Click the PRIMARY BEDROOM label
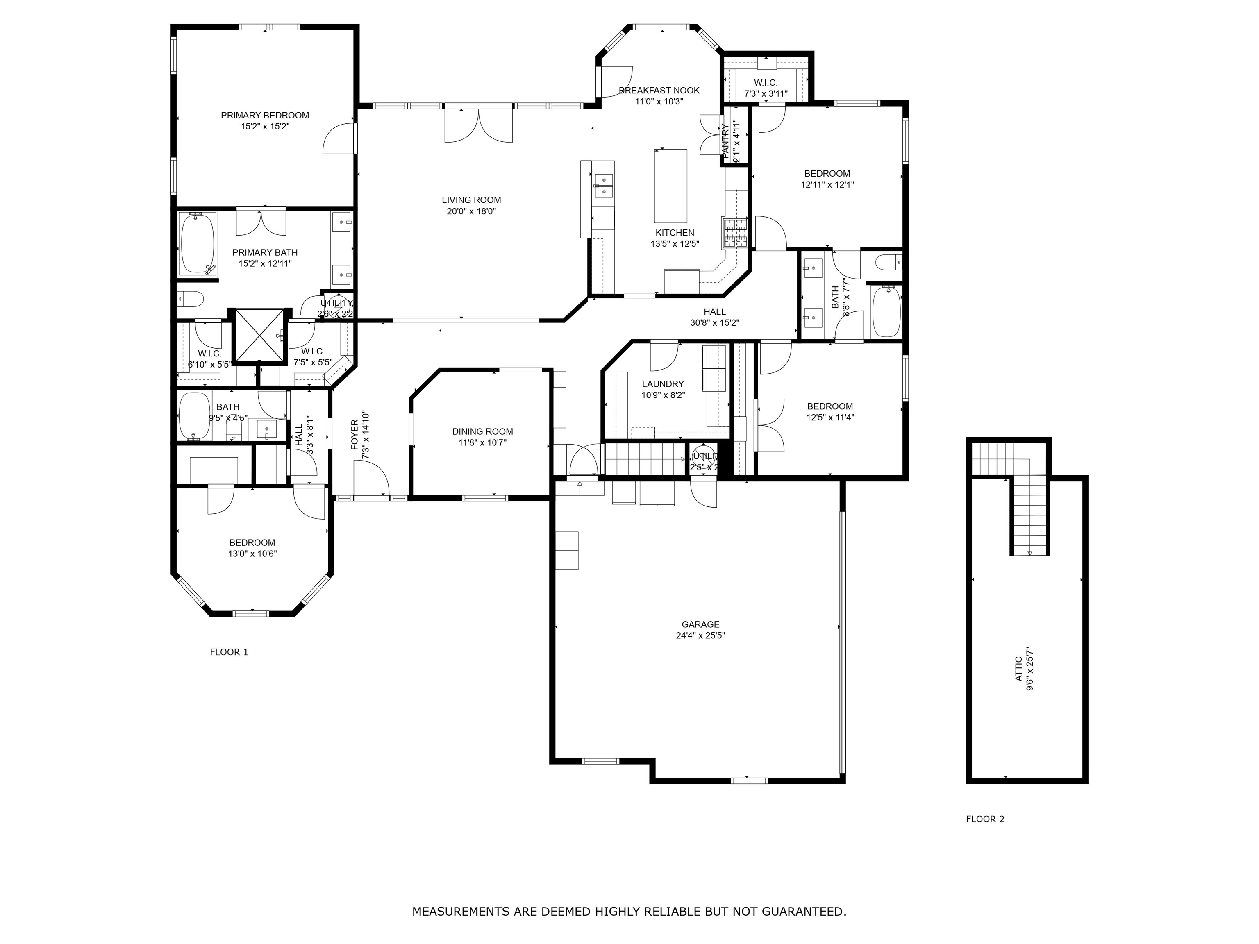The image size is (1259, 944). click(265, 116)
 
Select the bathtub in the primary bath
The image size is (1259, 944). click(198, 243)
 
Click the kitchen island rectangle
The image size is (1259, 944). click(670, 186)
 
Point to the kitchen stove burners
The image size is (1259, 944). click(735, 233)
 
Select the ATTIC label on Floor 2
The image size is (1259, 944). click(1019, 669)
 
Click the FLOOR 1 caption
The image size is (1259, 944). click(229, 652)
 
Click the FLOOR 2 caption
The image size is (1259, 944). click(985, 819)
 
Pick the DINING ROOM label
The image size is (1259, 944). click(483, 432)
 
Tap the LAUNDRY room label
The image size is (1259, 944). click(663, 384)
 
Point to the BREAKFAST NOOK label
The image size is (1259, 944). click(659, 91)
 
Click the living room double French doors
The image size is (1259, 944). click(478, 125)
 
